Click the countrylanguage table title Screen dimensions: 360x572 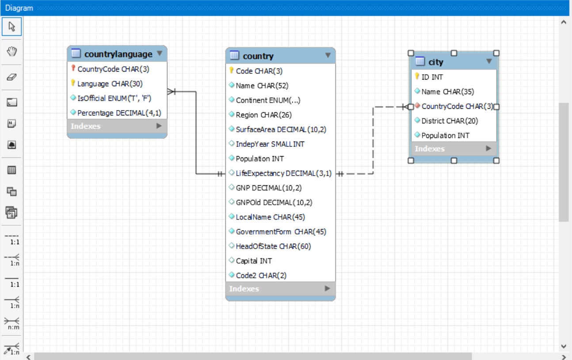118,54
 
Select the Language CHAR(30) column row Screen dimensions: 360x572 110,84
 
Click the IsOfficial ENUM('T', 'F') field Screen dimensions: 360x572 114,98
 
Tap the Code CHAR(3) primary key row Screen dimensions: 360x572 259,71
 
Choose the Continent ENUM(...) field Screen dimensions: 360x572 268,100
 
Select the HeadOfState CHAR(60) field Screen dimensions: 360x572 273,246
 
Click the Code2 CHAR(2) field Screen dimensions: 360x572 261,276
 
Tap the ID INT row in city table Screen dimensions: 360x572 432,77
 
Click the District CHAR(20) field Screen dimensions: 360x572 450,121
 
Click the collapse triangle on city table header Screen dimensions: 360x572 489,61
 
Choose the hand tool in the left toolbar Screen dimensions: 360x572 12,52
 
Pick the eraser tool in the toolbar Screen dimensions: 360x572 12,77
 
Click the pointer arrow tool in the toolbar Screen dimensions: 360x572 12,27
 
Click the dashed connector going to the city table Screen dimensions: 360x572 374,142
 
